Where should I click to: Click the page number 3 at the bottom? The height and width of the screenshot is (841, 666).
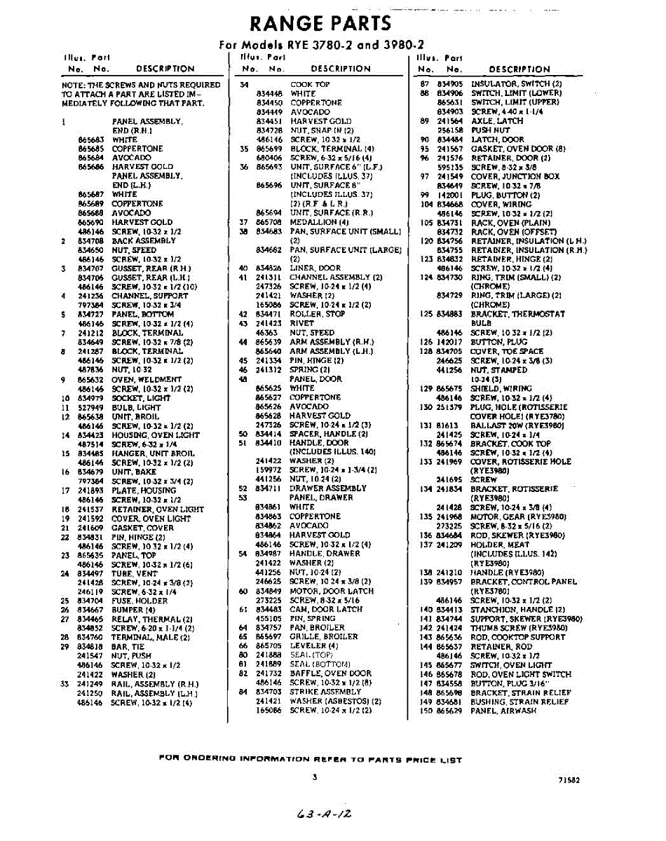coord(315,776)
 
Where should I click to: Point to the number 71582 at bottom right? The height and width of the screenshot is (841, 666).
coord(569,779)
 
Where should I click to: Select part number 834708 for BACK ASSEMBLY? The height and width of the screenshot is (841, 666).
coord(90,240)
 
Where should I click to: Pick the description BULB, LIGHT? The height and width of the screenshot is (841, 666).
coord(136,407)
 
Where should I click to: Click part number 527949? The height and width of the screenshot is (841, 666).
coord(90,407)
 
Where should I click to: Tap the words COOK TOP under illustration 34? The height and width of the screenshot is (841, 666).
coord(310,84)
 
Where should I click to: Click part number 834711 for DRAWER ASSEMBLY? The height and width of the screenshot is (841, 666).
coord(269,488)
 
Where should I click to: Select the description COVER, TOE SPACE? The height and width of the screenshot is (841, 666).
coord(506,351)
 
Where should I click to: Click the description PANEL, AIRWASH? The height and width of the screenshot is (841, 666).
coord(504,711)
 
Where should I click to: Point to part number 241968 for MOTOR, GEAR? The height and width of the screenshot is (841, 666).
coord(449,517)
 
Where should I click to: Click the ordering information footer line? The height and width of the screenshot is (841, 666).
coord(311,758)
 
